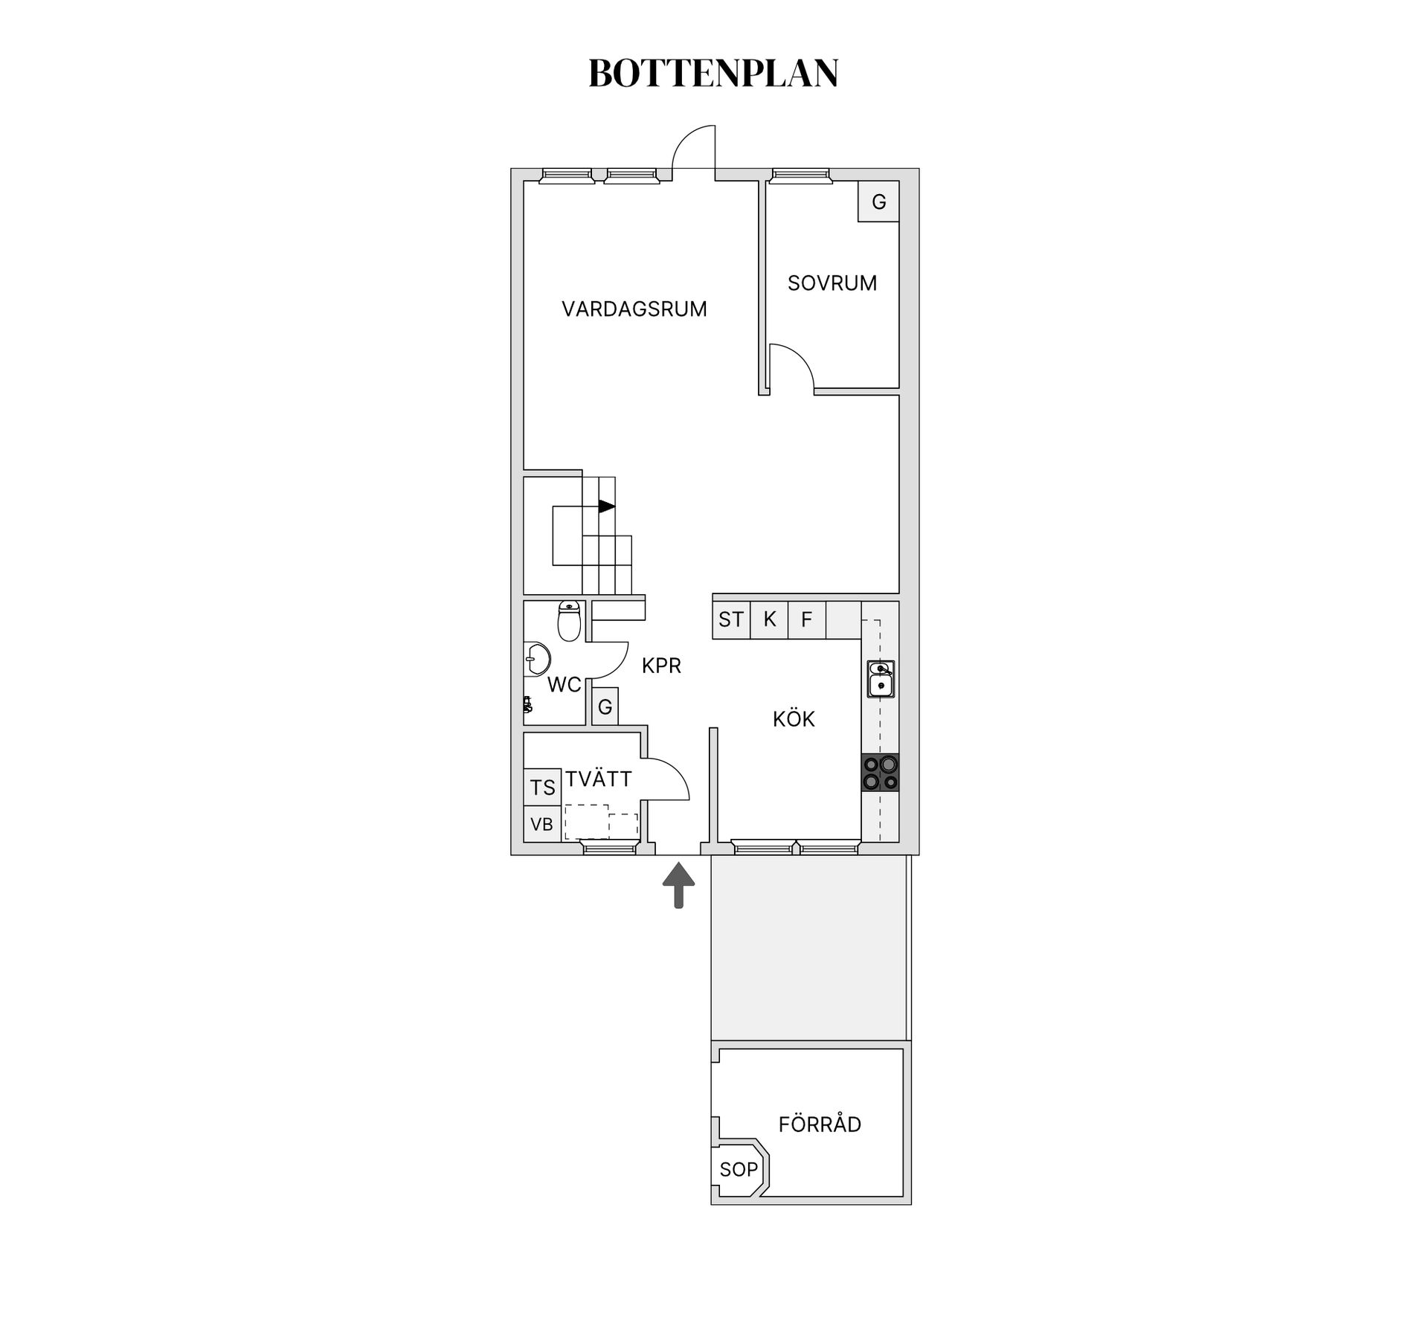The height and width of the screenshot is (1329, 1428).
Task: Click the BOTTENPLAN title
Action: pos(713,74)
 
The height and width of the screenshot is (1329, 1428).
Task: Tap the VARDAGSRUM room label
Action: pos(634,309)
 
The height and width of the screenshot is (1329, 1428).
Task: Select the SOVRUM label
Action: pos(832,283)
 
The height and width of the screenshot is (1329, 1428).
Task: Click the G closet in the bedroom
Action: pos(878,202)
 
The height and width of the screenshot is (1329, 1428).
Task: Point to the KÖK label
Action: pos(794,719)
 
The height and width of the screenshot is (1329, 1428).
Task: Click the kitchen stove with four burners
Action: pos(881,772)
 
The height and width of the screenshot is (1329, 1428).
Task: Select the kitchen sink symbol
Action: pos(881,679)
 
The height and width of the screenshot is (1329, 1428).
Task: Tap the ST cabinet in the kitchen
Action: pos(731,620)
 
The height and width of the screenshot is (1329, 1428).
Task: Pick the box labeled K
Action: pos(769,620)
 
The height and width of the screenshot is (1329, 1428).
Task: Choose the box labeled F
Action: pos(807,620)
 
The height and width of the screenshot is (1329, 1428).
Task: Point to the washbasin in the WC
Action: pos(537,659)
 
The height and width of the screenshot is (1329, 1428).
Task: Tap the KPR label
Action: pos(661,666)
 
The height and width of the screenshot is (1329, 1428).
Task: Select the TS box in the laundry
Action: pos(542,788)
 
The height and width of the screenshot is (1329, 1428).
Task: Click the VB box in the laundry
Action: pos(542,824)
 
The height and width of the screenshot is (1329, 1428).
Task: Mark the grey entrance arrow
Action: pos(678,885)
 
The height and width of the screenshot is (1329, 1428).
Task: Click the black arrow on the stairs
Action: pos(607,506)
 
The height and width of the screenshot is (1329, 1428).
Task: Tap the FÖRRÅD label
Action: pos(820,1124)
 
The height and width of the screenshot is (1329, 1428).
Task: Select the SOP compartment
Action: pos(739,1170)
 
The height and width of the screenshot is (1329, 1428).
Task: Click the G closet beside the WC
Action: pos(605,707)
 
